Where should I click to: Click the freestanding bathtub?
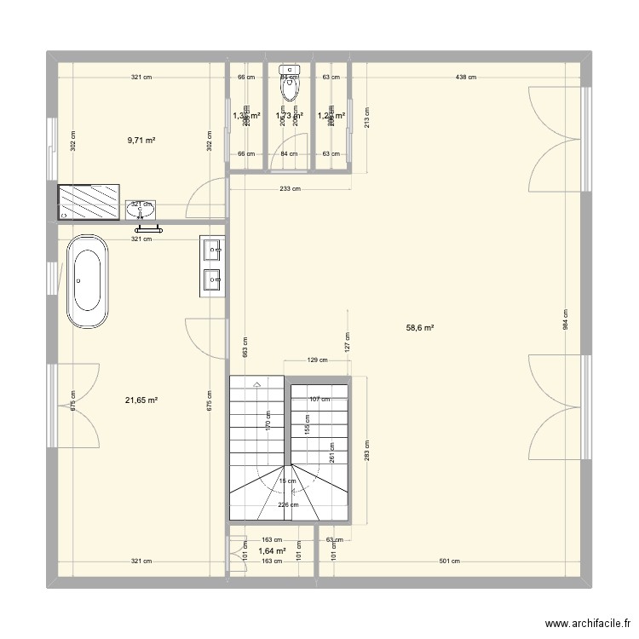point(89,281)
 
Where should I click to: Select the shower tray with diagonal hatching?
point(89,202)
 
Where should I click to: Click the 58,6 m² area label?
point(420,327)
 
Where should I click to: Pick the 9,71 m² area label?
point(141,141)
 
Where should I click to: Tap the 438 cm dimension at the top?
point(465,78)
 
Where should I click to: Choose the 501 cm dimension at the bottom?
point(449,561)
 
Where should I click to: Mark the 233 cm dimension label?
point(291,189)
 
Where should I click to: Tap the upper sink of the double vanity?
point(212,250)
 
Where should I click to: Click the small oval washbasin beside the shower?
point(142,209)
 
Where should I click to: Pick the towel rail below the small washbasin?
point(147,227)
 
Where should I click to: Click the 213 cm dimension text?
point(366,117)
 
